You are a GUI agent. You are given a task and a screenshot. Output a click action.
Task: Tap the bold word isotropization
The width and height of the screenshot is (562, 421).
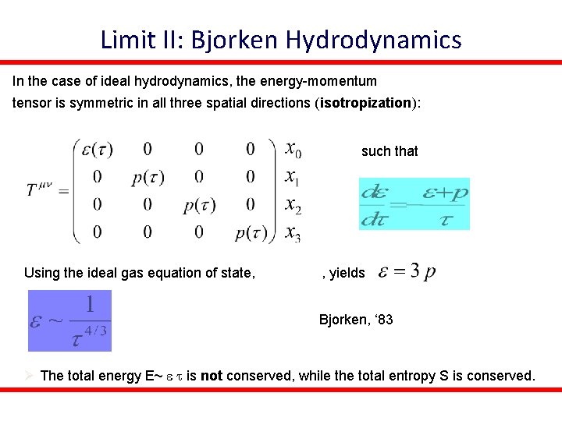coord(365,103)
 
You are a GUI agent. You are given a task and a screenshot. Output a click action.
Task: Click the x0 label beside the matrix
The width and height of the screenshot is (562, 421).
coord(293,148)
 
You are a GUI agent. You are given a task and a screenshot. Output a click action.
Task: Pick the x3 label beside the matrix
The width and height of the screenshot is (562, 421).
coord(293,232)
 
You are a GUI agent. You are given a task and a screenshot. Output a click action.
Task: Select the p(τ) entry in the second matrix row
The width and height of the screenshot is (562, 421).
coord(148,178)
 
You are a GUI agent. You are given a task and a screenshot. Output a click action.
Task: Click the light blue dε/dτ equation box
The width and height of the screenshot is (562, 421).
coord(413,203)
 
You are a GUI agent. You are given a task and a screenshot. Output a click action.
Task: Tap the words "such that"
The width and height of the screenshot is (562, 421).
coord(389,151)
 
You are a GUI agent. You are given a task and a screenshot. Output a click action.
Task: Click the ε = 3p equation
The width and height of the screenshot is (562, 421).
coord(407,271)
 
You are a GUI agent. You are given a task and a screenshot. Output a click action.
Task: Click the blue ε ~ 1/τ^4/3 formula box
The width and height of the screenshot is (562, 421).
coord(70,320)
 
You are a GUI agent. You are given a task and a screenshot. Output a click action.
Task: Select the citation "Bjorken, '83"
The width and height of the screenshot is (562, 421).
coord(356,319)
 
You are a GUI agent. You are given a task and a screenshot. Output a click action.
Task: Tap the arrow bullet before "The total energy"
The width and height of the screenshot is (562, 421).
coord(28,376)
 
